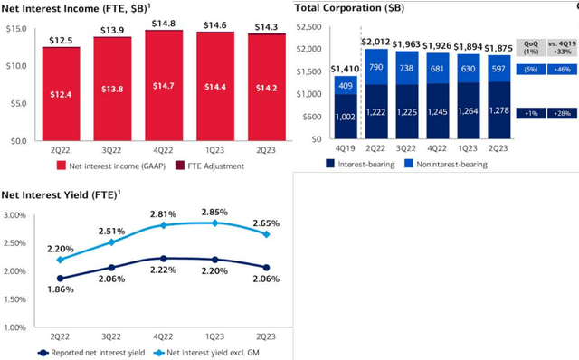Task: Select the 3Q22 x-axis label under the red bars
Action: pos(113,152)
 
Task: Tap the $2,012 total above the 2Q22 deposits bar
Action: pos(376,41)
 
